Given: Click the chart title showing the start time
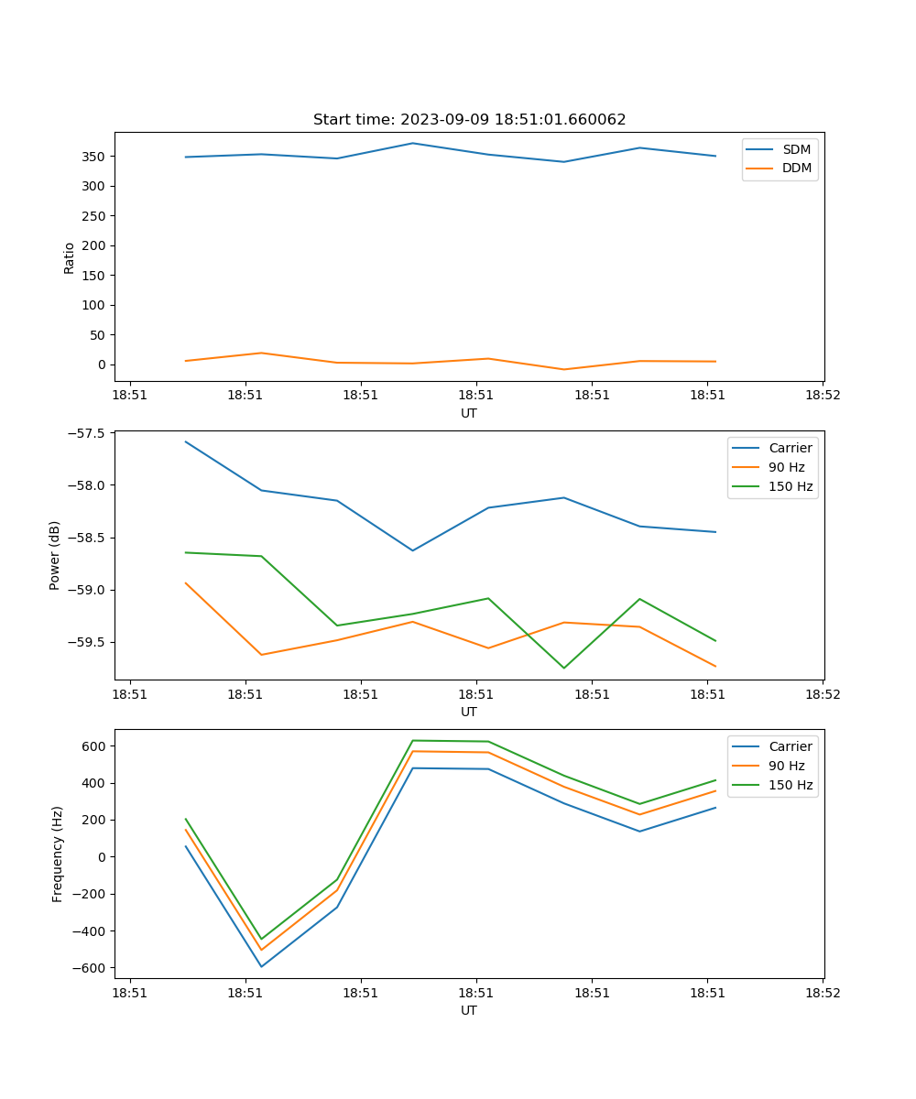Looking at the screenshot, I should tap(469, 120).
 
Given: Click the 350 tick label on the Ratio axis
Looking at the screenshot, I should tap(94, 157).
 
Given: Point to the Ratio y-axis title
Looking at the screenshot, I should tap(70, 257).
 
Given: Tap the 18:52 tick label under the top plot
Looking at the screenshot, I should tap(822, 396).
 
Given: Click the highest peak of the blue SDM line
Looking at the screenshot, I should tap(413, 143).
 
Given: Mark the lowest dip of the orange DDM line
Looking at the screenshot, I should tap(564, 369).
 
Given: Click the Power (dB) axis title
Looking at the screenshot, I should tap(56, 555).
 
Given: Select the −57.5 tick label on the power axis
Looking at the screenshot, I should tap(85, 433).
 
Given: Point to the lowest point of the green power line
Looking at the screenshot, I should tap(564, 668).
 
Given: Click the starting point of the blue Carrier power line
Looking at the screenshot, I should tap(186, 441).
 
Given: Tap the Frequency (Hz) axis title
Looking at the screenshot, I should tap(57, 854).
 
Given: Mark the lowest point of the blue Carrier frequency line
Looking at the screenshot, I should tap(262, 966).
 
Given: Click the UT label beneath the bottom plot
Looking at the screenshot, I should tap(469, 1010).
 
